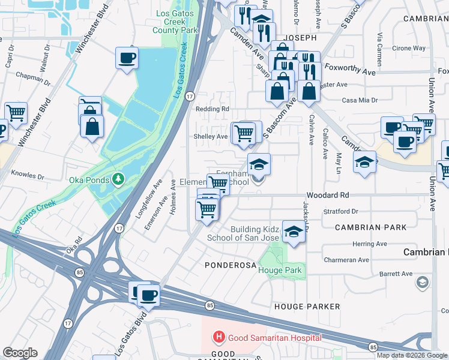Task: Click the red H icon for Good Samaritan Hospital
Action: point(219,338)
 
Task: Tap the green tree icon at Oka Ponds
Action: point(119,179)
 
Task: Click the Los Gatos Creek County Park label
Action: point(175,22)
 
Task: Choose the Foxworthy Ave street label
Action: point(349,71)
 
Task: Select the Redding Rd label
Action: point(212,109)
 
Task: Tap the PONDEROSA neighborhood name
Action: point(231,265)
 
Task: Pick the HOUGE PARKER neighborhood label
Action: point(307,307)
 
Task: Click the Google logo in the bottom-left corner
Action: point(20,353)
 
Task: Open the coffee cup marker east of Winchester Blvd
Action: point(127,58)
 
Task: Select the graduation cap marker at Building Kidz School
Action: point(293,232)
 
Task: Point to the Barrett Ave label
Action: point(396,274)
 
